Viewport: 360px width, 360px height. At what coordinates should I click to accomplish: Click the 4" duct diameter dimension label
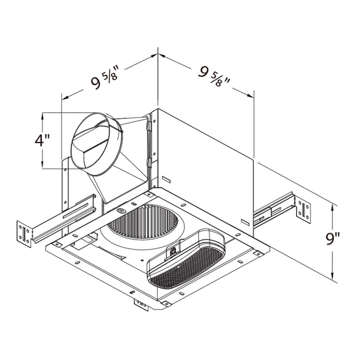(42, 140)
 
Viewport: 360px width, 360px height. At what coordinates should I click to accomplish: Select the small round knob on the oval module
(173, 251)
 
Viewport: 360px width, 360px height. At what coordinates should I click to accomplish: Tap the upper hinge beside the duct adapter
(148, 125)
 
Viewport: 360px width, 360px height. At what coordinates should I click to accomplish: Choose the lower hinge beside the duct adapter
(149, 163)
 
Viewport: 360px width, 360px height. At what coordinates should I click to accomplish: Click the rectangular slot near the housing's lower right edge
(245, 220)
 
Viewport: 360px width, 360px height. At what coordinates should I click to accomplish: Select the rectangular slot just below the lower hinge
(165, 178)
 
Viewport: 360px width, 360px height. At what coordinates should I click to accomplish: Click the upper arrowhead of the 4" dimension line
(43, 115)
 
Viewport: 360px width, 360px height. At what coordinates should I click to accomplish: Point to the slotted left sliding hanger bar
(62, 220)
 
